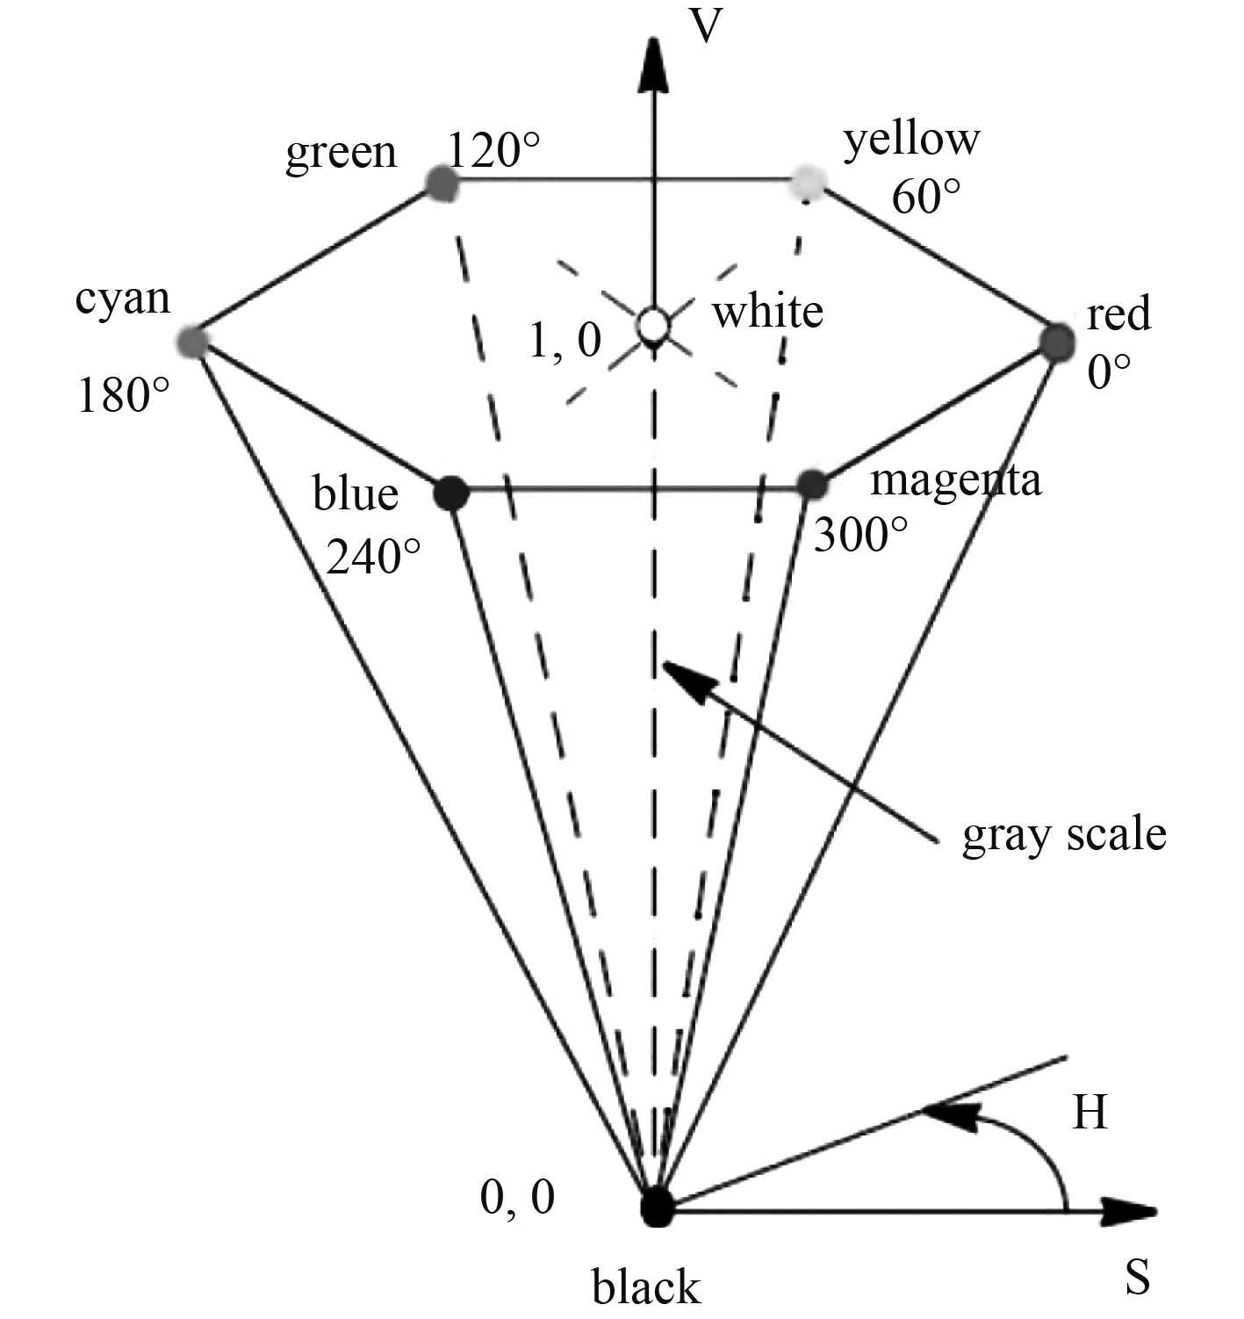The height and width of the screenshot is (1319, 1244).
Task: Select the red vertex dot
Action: tap(1057, 340)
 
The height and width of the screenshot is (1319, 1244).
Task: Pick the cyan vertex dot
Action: tap(192, 341)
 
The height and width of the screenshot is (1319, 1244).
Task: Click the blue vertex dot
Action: tap(452, 493)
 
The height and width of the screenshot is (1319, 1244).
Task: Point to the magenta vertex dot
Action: tap(812, 484)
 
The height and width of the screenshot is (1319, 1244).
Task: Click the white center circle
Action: tap(653, 325)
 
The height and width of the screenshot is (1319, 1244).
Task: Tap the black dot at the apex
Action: tap(657, 1208)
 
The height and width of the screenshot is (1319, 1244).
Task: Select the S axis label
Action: tap(1137, 1278)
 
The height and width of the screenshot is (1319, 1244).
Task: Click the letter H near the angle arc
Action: tap(1089, 1114)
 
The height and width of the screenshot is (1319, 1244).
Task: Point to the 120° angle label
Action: tap(494, 149)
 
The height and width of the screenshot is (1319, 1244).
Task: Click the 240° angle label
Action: tap(373, 555)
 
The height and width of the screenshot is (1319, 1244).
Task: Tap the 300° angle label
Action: tap(859, 534)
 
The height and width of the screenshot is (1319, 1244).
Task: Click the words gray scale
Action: tap(1064, 834)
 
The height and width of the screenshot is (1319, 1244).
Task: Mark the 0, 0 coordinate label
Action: tap(518, 1196)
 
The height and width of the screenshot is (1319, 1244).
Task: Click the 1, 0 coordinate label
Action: tap(565, 341)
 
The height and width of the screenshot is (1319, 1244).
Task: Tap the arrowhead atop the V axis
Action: tap(652, 66)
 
